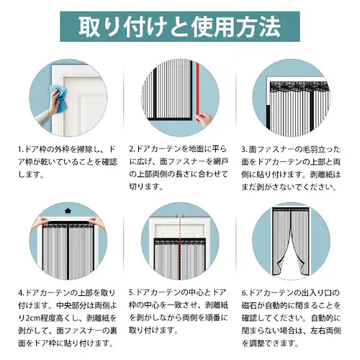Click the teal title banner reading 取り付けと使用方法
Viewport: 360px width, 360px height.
click(x=180, y=27)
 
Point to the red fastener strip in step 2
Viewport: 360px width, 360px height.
click(x=197, y=92)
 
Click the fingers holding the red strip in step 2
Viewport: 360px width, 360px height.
click(x=204, y=120)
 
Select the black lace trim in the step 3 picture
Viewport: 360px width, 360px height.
click(x=299, y=87)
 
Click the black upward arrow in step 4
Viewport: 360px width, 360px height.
click(x=68, y=210)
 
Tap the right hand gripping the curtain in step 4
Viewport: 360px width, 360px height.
click(x=96, y=222)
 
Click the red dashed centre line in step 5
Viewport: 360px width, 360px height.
click(x=179, y=247)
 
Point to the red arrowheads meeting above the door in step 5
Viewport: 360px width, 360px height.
click(x=179, y=217)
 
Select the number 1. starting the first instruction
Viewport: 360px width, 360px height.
click(x=21, y=150)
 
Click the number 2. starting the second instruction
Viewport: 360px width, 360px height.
click(x=132, y=149)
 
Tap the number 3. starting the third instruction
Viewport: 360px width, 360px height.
click(x=244, y=150)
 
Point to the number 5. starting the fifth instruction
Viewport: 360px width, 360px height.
click(x=132, y=293)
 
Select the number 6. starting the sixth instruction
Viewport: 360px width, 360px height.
click(x=245, y=293)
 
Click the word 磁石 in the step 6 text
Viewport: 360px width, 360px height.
click(x=249, y=305)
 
